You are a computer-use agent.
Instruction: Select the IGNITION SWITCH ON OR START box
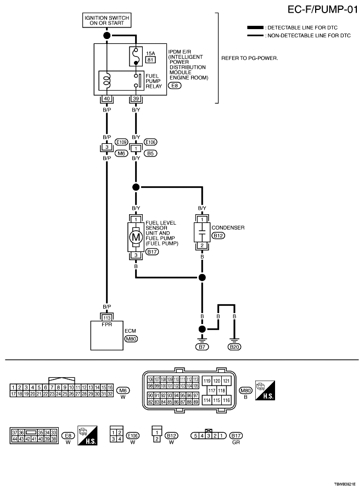107,21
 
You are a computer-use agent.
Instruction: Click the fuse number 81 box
149,60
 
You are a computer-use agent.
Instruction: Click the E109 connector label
121,142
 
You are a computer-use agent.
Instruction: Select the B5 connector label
152,153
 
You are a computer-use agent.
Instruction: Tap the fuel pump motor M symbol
136,237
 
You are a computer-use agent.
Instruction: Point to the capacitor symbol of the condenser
203,233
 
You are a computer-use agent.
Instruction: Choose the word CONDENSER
228,227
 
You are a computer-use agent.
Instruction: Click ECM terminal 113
107,317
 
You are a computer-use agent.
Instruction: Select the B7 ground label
203,347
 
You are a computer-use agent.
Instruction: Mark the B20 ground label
234,347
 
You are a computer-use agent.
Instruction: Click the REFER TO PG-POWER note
249,58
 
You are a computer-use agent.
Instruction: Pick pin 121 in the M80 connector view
226,381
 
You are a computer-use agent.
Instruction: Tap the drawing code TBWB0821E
345,484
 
